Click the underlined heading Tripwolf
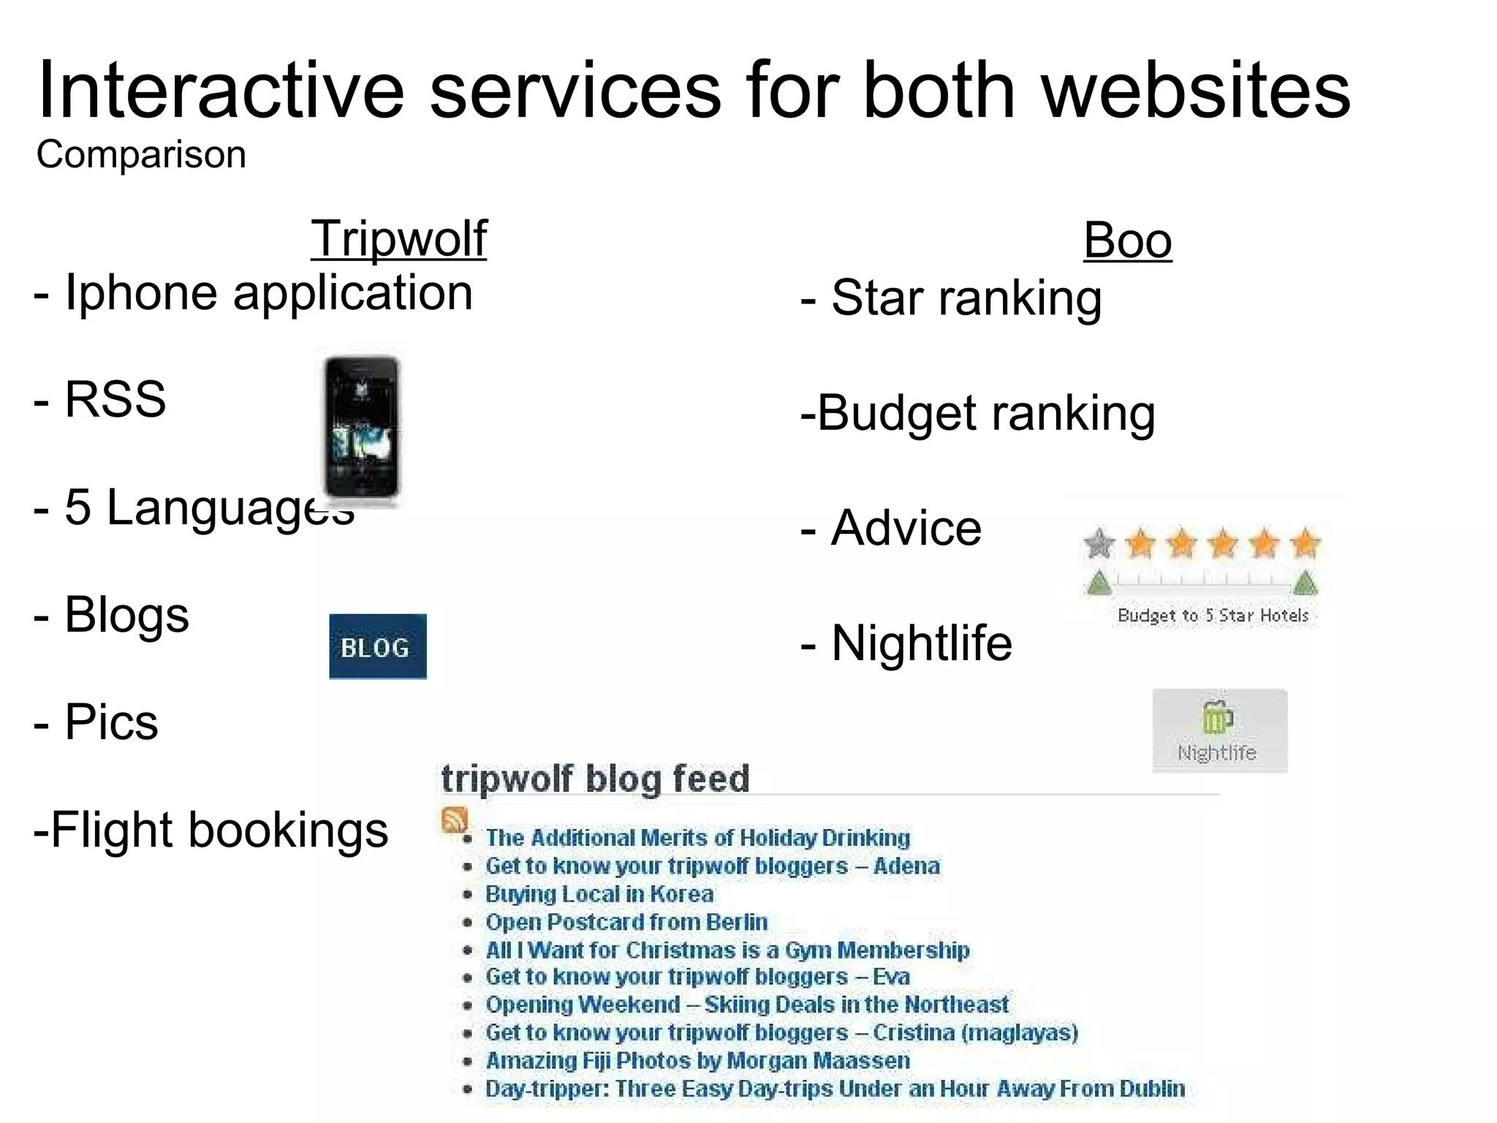[398, 238]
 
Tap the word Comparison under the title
[141, 155]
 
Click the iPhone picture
[363, 428]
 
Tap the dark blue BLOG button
[377, 646]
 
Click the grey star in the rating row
[1099, 544]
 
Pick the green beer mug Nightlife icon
[1217, 717]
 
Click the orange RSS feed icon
[454, 820]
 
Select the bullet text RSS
[115, 399]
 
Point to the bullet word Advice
[906, 528]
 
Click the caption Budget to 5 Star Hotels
[1213, 616]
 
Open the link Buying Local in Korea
[599, 894]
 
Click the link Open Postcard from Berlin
[626, 922]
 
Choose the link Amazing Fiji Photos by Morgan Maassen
[697, 1060]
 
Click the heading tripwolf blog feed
[595, 779]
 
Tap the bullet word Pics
[111, 722]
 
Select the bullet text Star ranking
[966, 298]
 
